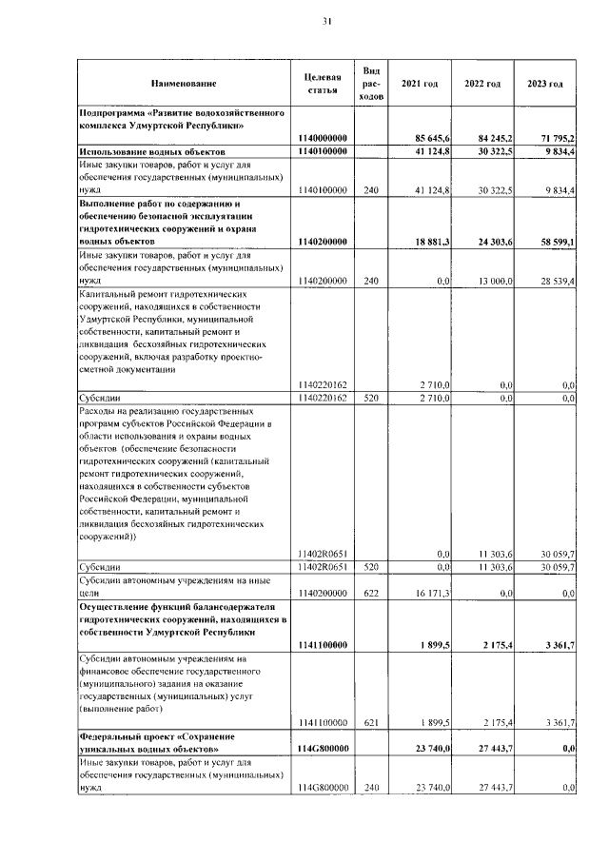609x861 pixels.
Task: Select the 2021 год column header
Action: pyautogui.click(x=420, y=84)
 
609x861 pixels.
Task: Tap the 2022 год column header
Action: pyautogui.click(x=482, y=84)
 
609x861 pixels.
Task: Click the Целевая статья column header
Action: pyautogui.click(x=323, y=84)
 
